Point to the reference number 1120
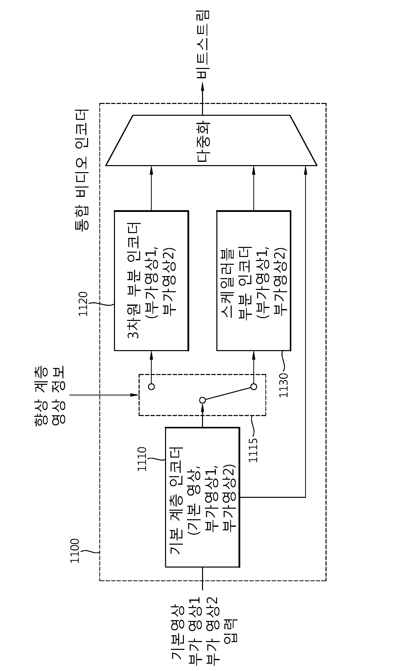[x=83, y=304]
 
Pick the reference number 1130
[x=283, y=385]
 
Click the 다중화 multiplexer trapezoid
[x=211, y=140]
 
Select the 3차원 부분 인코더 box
[x=151, y=280]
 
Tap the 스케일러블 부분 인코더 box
[x=254, y=280]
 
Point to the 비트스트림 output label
[x=203, y=45]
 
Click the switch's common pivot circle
[x=203, y=400]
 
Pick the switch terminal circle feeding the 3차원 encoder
[x=151, y=387]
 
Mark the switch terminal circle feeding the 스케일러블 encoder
[x=254, y=387]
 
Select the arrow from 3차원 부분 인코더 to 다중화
[x=151, y=188]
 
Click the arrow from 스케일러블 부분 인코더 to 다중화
[x=254, y=188]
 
